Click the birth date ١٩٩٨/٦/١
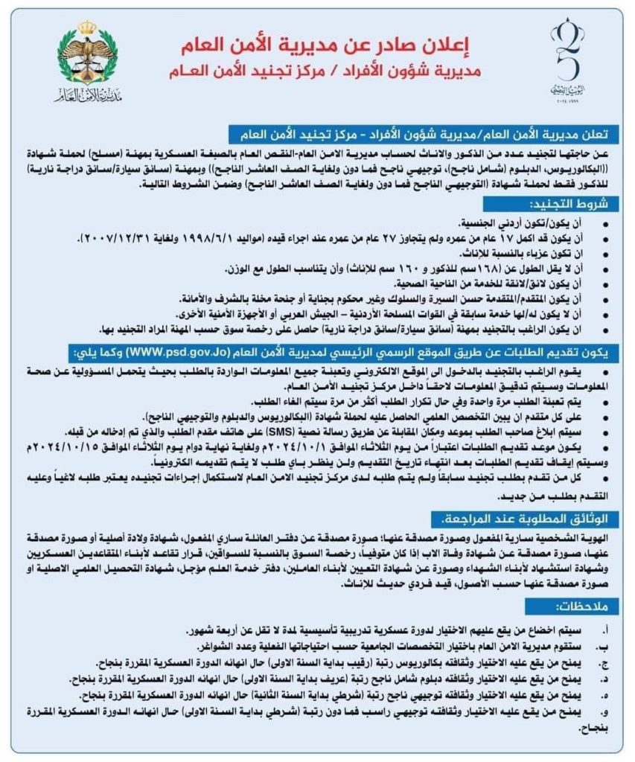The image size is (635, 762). [208, 237]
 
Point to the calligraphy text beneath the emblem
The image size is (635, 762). [88, 97]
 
